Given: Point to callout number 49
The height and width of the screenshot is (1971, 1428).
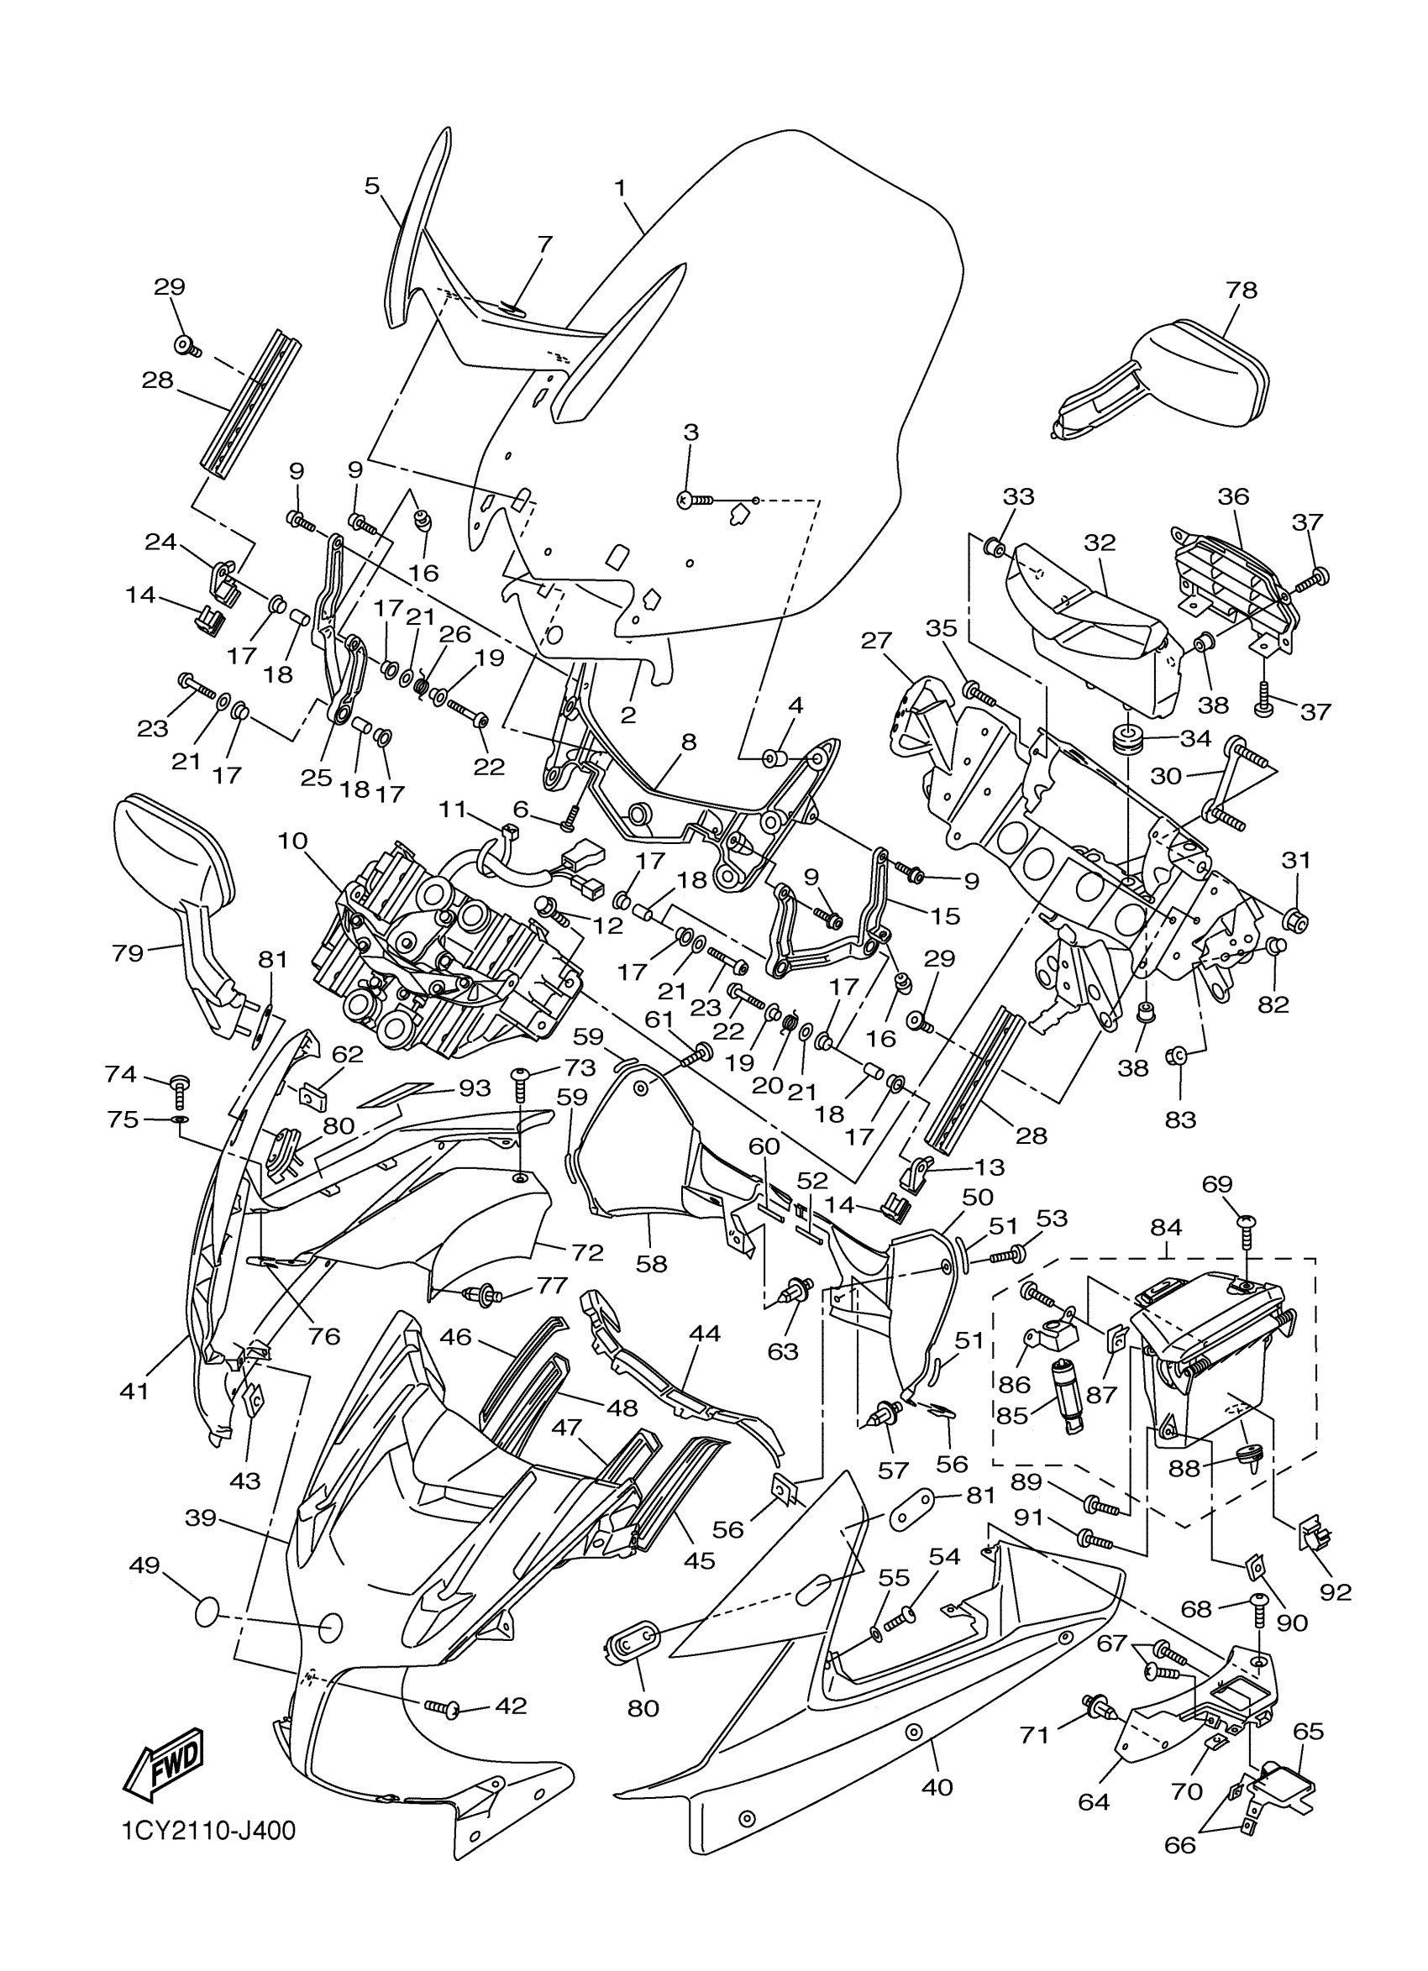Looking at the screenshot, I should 144,1565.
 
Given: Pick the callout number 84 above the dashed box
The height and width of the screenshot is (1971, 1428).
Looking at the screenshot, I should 1166,1228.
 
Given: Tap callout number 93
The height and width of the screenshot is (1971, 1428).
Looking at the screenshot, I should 475,1088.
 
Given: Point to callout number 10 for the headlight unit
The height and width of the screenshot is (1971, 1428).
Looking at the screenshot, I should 294,842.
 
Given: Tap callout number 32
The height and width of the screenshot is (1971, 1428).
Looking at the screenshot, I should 1100,543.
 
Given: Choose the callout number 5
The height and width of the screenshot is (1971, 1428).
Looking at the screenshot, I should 372,185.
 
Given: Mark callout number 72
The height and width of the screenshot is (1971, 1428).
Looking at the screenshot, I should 586,1252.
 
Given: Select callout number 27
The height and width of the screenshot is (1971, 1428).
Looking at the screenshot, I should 876,641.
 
